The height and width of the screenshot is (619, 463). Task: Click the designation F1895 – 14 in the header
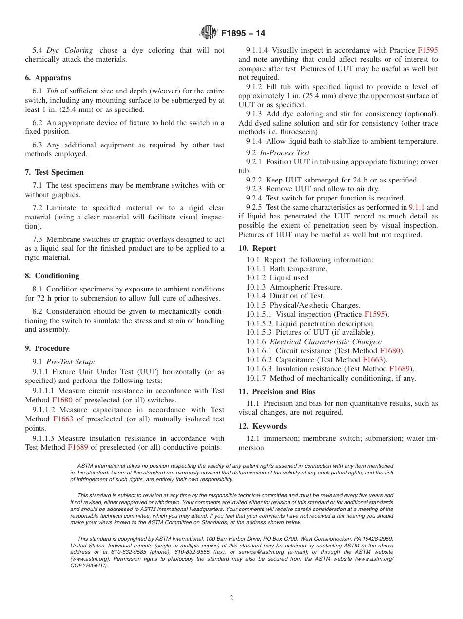(x=243, y=33)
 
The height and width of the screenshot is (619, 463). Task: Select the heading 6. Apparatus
(x=48, y=78)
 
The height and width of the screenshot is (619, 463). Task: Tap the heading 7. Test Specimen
(x=54, y=172)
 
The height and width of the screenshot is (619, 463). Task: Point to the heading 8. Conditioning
(x=52, y=276)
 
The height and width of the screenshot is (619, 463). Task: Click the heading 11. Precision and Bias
(x=277, y=391)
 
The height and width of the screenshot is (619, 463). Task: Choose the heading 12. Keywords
(x=262, y=426)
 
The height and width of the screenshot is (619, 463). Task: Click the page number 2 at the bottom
(x=231, y=598)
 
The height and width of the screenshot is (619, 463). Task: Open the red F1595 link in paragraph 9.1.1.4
(x=427, y=50)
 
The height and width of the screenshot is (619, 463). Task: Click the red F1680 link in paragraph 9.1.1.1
(x=62, y=400)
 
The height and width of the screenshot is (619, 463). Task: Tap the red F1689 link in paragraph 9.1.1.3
(x=78, y=447)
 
